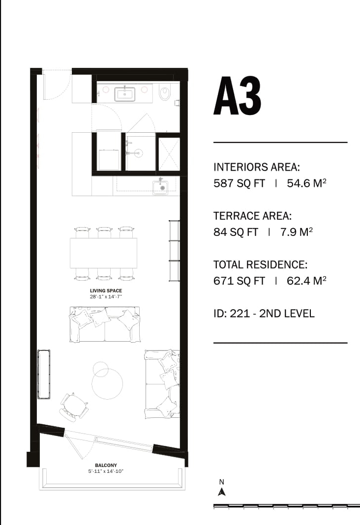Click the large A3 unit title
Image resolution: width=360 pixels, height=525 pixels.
point(237,96)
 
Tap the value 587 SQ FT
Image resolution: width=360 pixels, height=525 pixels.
point(239,183)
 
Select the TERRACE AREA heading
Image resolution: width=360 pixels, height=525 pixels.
point(252,216)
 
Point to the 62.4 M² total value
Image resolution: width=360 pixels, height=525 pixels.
point(306,281)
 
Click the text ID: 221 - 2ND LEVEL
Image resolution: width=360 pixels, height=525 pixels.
point(264,314)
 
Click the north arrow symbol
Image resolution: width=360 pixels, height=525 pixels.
point(222,492)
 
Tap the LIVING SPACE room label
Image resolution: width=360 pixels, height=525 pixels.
point(106,291)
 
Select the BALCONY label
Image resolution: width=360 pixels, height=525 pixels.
point(106,465)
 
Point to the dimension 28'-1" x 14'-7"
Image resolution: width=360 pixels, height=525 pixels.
point(105,296)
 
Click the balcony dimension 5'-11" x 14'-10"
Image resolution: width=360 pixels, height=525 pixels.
point(106,471)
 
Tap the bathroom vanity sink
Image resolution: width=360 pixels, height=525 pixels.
point(125,94)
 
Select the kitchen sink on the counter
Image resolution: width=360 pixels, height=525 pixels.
point(161,187)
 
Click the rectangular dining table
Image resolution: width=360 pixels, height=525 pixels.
point(103,253)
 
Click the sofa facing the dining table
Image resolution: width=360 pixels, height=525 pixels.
point(104,324)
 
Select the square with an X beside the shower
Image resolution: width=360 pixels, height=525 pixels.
point(169,154)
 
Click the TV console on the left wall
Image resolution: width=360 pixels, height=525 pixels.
point(44,374)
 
